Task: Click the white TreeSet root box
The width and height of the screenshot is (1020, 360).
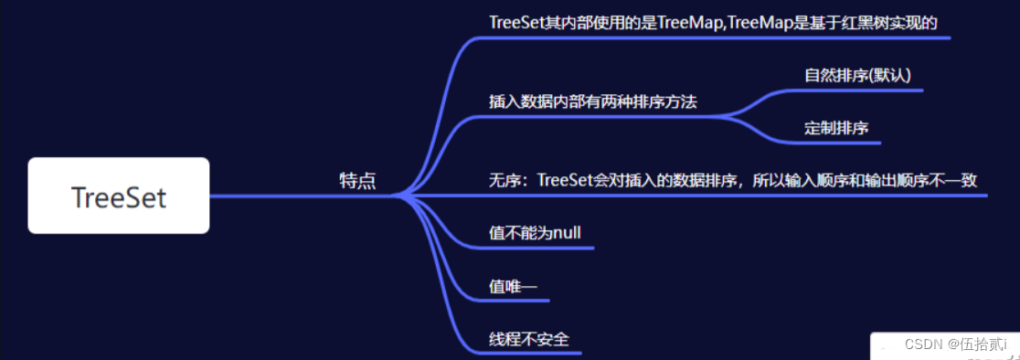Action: coord(119,196)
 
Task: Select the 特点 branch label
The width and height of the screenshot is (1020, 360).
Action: coord(357,180)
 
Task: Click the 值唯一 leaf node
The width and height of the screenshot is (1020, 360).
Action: coord(513,287)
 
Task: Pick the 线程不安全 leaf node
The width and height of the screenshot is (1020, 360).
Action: coord(529,339)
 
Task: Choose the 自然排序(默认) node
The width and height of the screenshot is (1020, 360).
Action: coord(857,75)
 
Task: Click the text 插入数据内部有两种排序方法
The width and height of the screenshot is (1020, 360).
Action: coord(592,101)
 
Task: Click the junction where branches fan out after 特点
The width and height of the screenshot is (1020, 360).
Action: coord(402,195)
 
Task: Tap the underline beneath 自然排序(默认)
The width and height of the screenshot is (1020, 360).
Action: coord(859,90)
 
